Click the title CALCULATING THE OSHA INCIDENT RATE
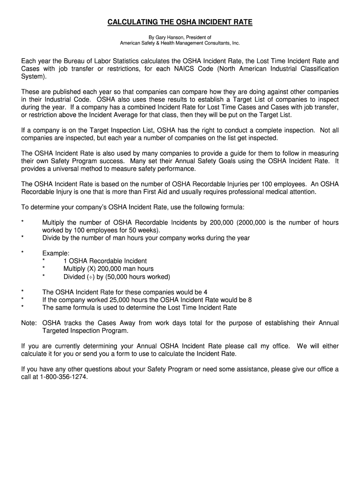(180, 22)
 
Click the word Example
(56, 253)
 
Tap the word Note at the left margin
(29, 323)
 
